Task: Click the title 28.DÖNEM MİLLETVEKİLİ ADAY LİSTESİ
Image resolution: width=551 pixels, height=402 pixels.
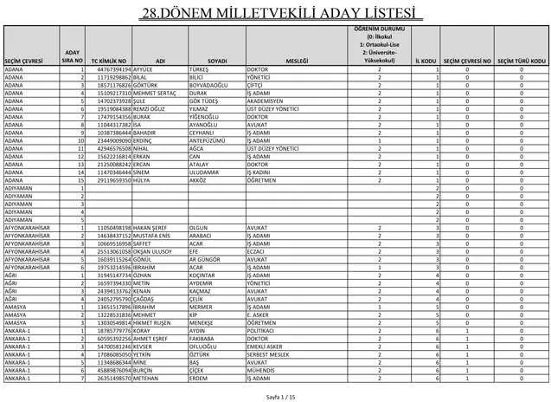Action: coord(275,14)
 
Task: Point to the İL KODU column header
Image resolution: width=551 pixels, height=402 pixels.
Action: coord(425,61)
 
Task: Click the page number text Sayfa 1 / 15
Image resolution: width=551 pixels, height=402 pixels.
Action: coord(275,394)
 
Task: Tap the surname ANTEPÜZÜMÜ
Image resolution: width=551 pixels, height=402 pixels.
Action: coord(208,141)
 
